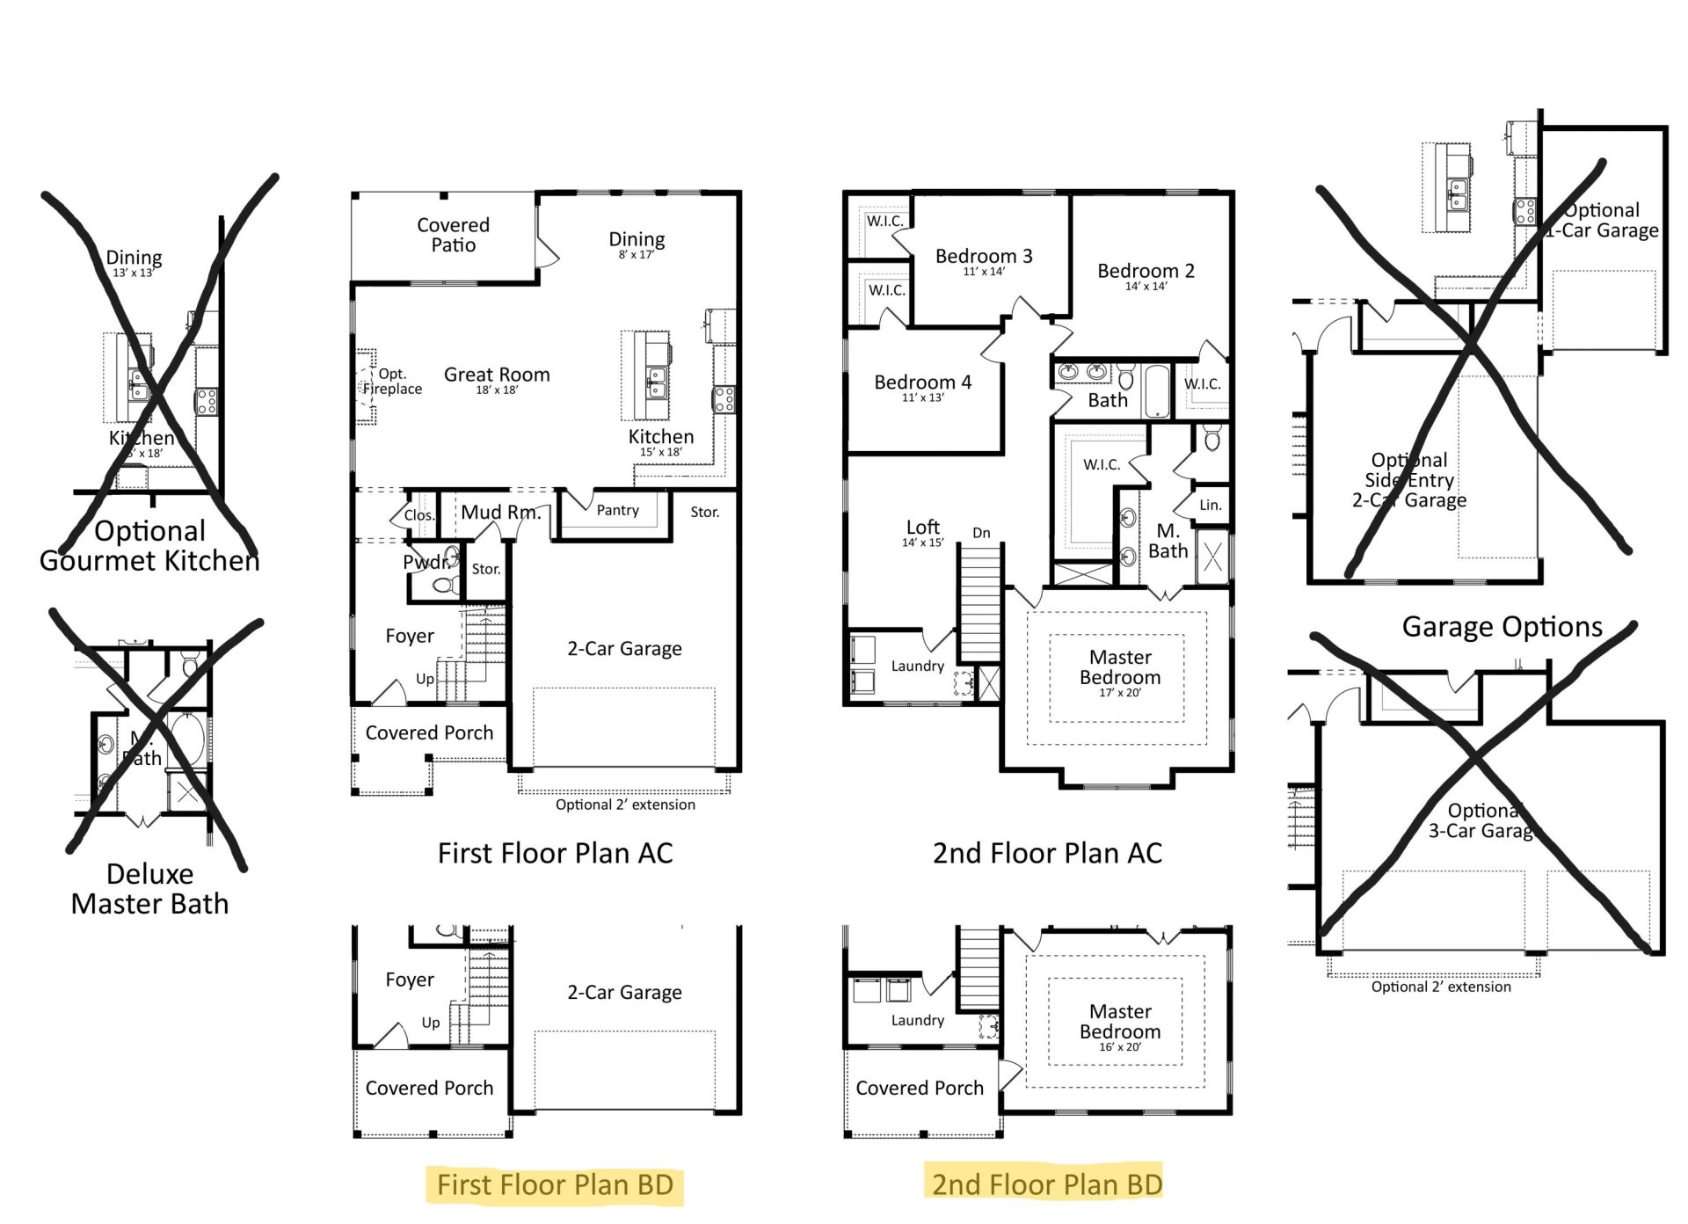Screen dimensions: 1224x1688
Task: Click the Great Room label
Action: pyautogui.click(x=497, y=375)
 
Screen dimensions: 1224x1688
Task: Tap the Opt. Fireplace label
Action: pyautogui.click(x=392, y=382)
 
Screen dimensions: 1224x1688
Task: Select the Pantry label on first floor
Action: pyautogui.click(x=617, y=510)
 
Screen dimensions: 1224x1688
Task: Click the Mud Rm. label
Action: pyautogui.click(x=500, y=512)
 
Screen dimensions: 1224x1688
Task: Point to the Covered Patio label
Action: pyautogui.click(x=453, y=235)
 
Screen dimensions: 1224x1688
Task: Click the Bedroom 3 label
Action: pyautogui.click(x=984, y=256)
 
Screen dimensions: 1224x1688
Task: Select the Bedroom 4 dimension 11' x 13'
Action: pyautogui.click(x=922, y=398)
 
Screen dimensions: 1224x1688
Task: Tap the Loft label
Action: pyautogui.click(x=922, y=527)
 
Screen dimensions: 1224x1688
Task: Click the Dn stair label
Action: pyautogui.click(x=981, y=533)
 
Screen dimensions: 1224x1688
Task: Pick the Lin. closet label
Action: pyautogui.click(x=1211, y=505)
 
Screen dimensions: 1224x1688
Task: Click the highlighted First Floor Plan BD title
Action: pyautogui.click(x=555, y=1184)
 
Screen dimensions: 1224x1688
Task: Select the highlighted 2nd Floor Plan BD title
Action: pyautogui.click(x=1046, y=1184)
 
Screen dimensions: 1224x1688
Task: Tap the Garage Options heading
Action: pyautogui.click(x=1502, y=626)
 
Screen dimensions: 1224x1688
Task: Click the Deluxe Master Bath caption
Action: pyautogui.click(x=149, y=888)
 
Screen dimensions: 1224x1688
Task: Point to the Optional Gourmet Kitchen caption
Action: pyautogui.click(x=149, y=545)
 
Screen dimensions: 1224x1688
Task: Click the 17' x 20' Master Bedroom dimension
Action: pyautogui.click(x=1119, y=693)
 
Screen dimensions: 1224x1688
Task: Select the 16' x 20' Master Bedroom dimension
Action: pyautogui.click(x=1119, y=1047)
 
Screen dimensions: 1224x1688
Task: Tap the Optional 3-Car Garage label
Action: pyautogui.click(x=1482, y=820)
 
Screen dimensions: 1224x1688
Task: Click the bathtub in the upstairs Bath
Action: pyautogui.click(x=1157, y=390)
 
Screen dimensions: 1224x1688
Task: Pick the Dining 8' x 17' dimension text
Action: pyautogui.click(x=636, y=255)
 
